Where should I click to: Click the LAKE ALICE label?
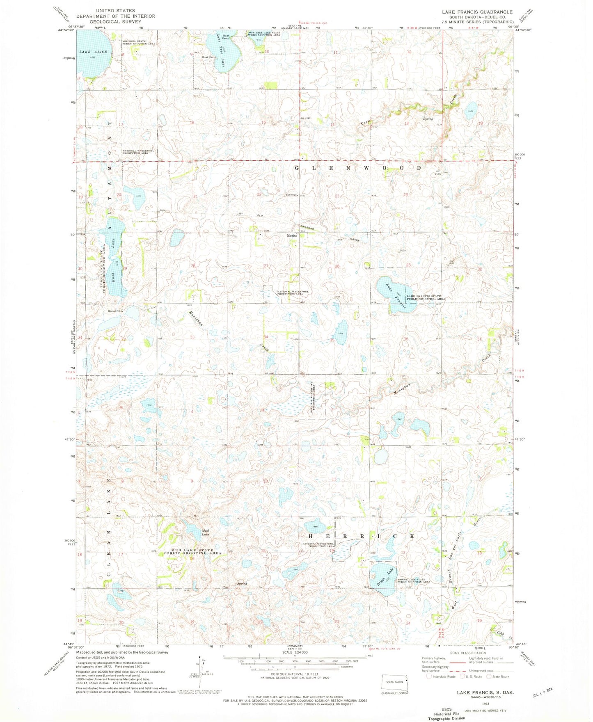pyautogui.click(x=93, y=52)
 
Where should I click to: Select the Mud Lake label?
pyautogui.click(x=205, y=532)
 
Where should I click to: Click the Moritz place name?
pyautogui.click(x=292, y=236)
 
